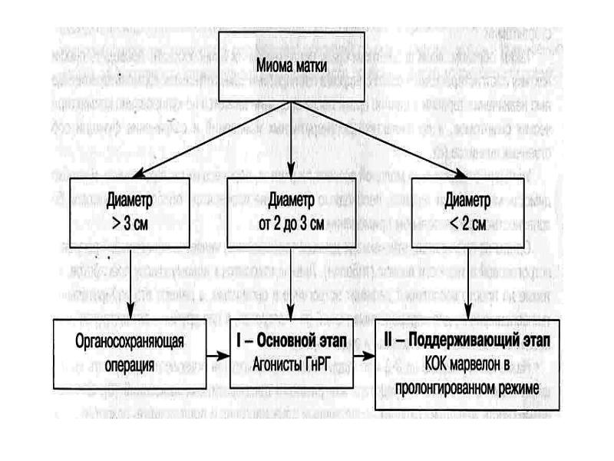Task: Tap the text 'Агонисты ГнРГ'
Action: (290, 359)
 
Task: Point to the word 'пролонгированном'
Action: (451, 391)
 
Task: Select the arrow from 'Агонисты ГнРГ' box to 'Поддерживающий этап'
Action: (365, 356)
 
